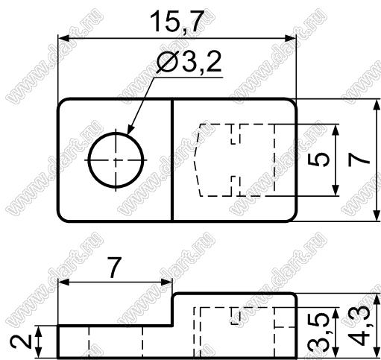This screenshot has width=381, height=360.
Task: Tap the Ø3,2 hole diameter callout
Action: pyautogui.click(x=189, y=62)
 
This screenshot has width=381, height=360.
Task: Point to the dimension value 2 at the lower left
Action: pyautogui.click(x=21, y=341)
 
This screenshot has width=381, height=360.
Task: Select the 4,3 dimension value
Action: pyautogui.click(x=359, y=326)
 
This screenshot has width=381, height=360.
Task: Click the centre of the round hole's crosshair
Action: pyautogui.click(x=116, y=160)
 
